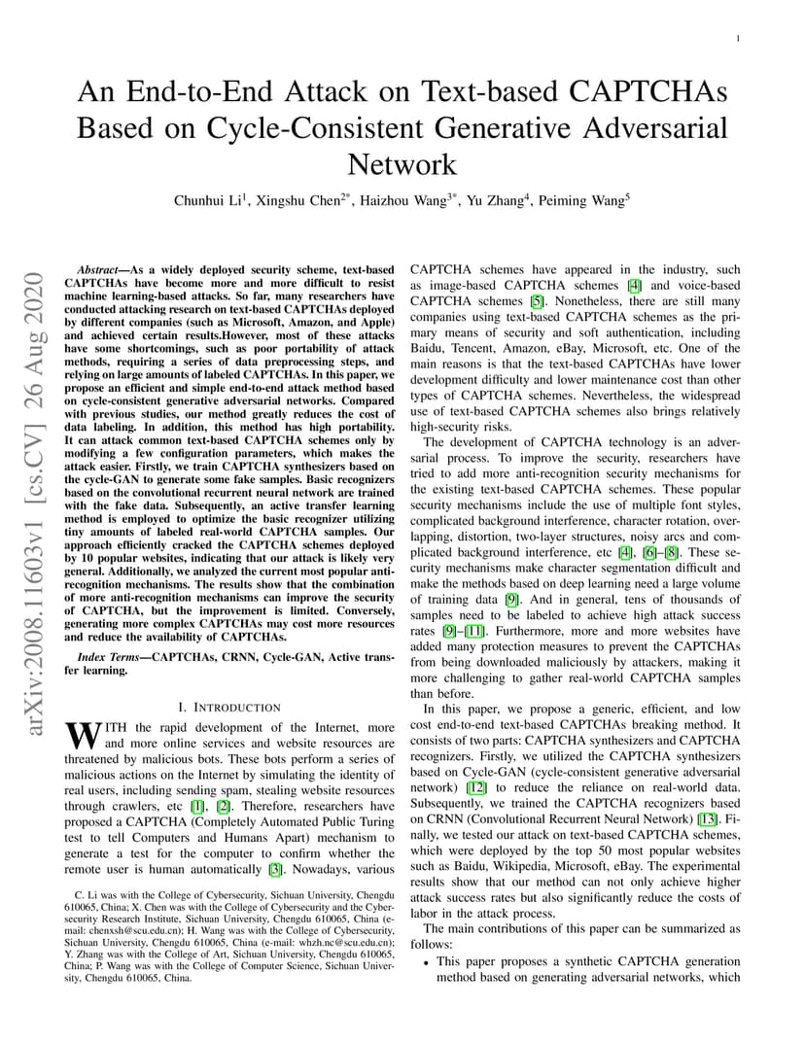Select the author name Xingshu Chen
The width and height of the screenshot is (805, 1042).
click(300, 201)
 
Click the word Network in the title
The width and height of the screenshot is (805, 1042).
click(402, 162)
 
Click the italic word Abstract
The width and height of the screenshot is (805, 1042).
click(100, 269)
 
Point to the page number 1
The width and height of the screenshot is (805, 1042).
click(739, 39)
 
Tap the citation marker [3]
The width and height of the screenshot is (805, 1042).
click(276, 868)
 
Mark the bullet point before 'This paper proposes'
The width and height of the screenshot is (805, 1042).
click(427, 962)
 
